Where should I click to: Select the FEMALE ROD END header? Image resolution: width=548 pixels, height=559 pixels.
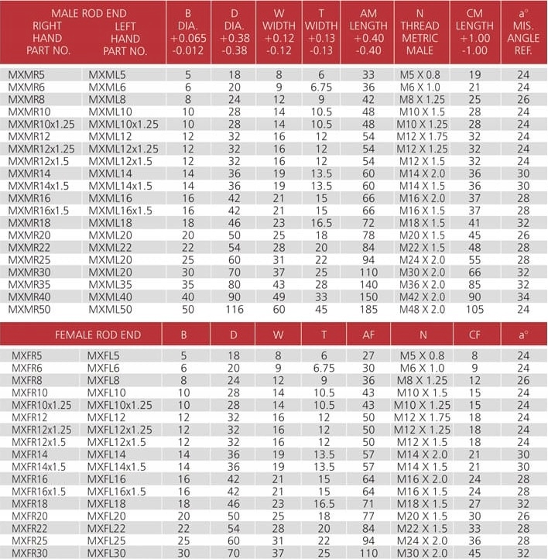(x=98, y=334)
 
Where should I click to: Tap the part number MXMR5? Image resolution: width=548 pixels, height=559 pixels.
(x=27, y=75)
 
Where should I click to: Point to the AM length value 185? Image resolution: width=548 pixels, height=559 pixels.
(x=368, y=309)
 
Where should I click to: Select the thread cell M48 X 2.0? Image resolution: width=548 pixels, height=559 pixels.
(x=422, y=309)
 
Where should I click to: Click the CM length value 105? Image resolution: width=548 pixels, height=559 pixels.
(x=474, y=309)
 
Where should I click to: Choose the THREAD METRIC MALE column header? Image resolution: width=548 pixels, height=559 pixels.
(x=420, y=33)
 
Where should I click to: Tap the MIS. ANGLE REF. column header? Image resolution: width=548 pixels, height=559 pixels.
(x=523, y=33)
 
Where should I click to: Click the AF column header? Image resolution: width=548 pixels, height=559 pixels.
(x=368, y=334)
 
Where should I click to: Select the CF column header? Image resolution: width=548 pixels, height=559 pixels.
(x=474, y=334)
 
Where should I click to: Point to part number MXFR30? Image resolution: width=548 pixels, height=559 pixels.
(x=27, y=553)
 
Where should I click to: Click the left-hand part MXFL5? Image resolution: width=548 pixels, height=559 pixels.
(x=102, y=355)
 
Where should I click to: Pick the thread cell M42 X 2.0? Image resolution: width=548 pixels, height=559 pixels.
(x=422, y=297)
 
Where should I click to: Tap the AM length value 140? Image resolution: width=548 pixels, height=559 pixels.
(x=368, y=284)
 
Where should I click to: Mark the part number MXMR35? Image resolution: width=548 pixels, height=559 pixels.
(x=29, y=284)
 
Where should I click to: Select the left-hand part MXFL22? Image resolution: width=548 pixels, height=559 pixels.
(x=104, y=528)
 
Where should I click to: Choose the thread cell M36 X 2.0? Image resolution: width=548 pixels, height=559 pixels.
(x=422, y=284)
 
